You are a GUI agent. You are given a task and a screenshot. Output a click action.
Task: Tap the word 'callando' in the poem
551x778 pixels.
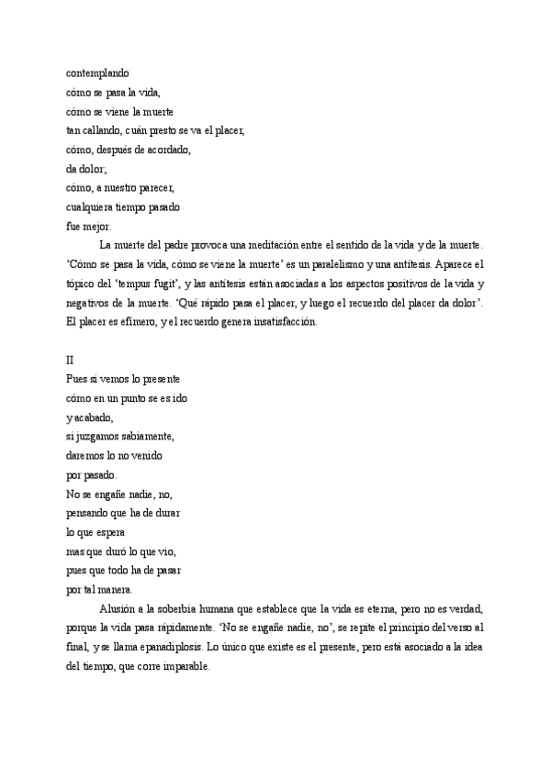(101, 130)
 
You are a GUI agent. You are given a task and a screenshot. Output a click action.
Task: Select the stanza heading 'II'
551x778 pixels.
(72, 361)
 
